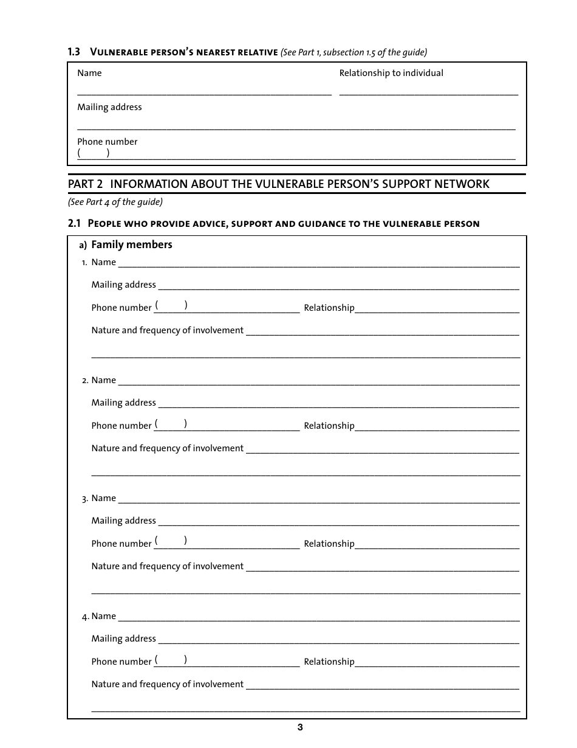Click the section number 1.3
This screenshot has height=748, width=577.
[73, 52]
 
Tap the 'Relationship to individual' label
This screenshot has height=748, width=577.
[391, 73]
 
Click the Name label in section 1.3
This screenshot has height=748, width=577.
[89, 73]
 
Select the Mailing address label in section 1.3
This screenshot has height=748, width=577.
[109, 107]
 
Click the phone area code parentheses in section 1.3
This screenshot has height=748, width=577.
[94, 153]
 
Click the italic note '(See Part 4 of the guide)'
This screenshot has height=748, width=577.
[115, 202]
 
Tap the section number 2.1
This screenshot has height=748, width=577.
[74, 223]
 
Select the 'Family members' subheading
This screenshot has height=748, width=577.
[132, 244]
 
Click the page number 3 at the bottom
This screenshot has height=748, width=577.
[300, 728]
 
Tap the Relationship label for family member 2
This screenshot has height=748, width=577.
[329, 426]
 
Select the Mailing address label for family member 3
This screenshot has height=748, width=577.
[123, 521]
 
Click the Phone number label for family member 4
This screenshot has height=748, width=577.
[121, 662]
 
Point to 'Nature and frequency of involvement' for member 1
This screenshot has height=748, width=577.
[168, 330]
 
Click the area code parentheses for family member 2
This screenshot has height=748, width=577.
[171, 423]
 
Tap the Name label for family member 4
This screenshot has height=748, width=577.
[103, 616]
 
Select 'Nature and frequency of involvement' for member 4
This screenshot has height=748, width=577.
[168, 684]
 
